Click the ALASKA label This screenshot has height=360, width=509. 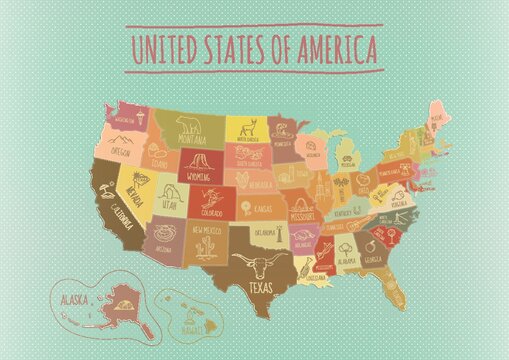point(73,299)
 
